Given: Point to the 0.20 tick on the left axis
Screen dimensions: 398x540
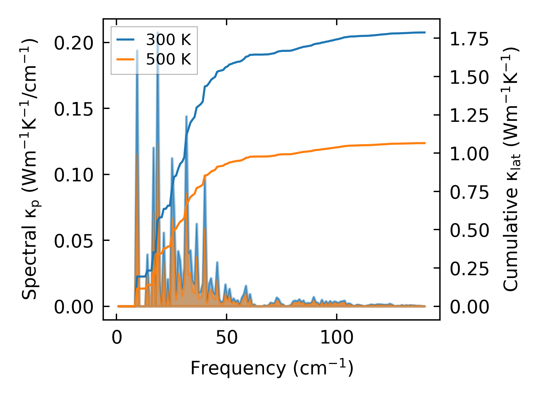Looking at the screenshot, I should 74,43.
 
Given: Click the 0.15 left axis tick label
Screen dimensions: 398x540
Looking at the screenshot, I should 74,109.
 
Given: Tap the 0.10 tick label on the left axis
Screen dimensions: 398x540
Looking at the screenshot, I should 74,175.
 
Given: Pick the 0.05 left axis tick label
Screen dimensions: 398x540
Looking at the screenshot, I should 74,241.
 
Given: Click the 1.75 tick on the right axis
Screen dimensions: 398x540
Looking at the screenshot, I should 469,39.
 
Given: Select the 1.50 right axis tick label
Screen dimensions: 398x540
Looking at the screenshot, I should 469,77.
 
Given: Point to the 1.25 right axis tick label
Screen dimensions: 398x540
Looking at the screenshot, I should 469,116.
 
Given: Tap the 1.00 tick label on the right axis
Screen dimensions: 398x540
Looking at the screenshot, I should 469,154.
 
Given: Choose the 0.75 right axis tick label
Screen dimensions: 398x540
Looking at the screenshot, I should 469,192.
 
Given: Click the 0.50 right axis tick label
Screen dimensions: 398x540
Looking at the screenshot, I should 469,230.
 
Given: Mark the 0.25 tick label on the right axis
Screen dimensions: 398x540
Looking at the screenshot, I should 469,269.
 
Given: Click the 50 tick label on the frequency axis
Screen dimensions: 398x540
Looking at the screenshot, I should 227,338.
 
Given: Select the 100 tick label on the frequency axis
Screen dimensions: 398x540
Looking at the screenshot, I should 336,338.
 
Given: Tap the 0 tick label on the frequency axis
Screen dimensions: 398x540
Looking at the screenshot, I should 117,338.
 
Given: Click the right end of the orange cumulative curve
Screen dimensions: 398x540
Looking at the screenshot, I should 425,143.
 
